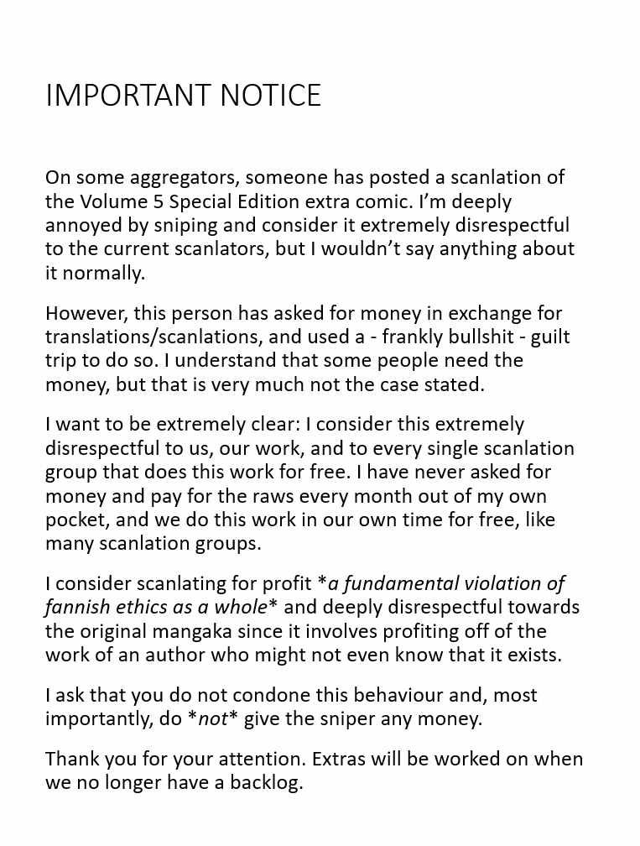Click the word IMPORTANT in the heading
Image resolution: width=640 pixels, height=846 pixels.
pyautogui.click(x=129, y=96)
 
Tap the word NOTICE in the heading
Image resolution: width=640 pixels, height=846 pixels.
pyautogui.click(x=270, y=96)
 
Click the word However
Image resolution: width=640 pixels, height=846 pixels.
pyautogui.click(x=83, y=313)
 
